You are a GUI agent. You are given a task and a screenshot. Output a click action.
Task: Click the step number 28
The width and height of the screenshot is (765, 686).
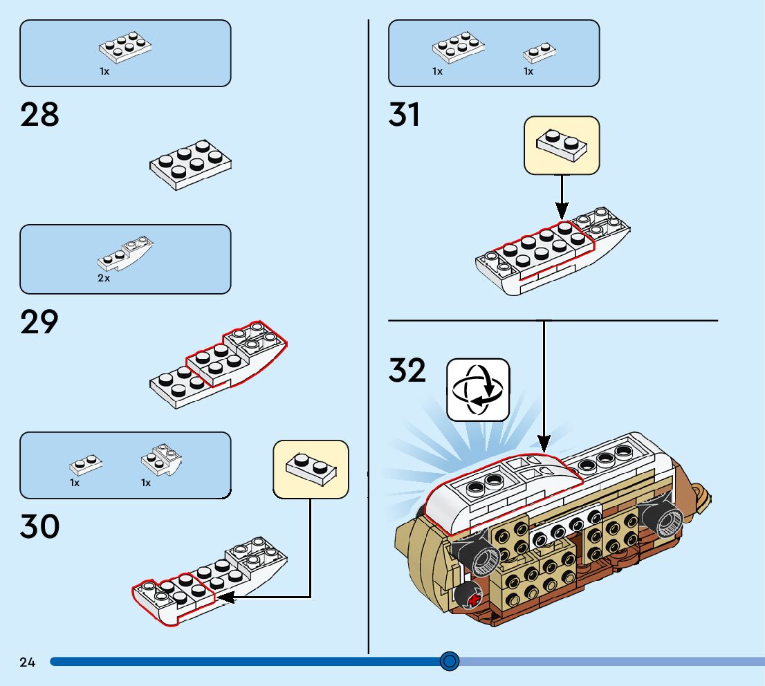pyautogui.click(x=40, y=114)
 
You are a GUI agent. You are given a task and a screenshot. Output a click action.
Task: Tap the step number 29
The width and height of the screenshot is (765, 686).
pyautogui.click(x=40, y=322)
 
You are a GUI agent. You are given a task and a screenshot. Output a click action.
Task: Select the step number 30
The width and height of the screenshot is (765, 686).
pyautogui.click(x=40, y=527)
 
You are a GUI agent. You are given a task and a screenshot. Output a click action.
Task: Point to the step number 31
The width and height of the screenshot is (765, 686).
pyautogui.click(x=405, y=114)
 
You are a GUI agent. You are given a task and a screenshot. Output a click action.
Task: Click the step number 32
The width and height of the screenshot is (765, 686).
pyautogui.click(x=407, y=371)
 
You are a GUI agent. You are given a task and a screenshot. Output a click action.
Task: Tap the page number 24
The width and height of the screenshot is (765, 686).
pyautogui.click(x=27, y=662)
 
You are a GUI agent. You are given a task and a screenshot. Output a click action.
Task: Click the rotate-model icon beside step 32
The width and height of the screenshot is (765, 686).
pyautogui.click(x=478, y=390)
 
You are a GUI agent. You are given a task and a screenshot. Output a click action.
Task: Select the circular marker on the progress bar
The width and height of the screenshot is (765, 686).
pyautogui.click(x=450, y=662)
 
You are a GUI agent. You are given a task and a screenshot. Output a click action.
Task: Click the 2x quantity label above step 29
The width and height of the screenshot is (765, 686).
pyautogui.click(x=104, y=278)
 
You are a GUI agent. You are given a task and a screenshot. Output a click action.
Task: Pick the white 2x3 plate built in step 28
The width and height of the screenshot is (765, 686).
pyautogui.click(x=190, y=165)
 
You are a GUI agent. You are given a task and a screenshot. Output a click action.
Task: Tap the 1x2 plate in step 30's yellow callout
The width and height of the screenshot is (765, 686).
pyautogui.click(x=311, y=468)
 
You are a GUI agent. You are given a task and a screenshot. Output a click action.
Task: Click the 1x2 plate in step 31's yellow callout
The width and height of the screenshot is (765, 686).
pyautogui.click(x=562, y=144)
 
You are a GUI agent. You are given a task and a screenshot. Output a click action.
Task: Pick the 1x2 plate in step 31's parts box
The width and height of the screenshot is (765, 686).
pyautogui.click(x=540, y=53)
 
